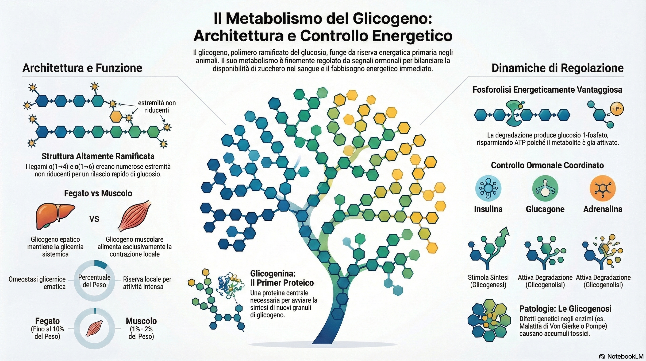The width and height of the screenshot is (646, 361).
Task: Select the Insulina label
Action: click(488, 209)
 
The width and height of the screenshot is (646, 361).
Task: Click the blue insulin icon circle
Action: click(488, 188)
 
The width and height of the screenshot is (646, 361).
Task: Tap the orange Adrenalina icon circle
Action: click(603, 188)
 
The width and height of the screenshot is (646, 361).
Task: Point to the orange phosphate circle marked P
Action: click(617, 109)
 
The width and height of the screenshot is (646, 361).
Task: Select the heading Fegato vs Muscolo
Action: click(98, 193)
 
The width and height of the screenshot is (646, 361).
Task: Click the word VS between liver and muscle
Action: click(95, 219)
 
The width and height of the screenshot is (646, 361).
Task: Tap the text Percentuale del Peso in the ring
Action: click(94, 281)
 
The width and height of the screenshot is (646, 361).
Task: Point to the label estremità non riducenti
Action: click(157, 106)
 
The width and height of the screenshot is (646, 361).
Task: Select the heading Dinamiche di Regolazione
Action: click(557, 68)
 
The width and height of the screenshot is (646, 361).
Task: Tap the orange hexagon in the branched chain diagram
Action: click(116, 116)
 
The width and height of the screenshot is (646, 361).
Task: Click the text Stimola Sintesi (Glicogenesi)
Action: click(488, 281)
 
